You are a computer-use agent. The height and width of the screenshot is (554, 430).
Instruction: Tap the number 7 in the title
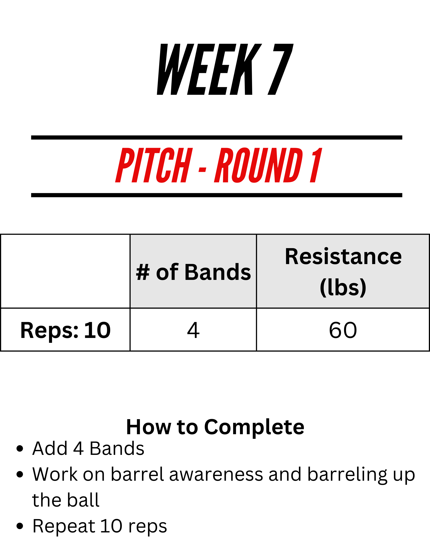[280, 69]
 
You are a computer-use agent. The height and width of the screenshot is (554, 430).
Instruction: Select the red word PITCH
[154, 165]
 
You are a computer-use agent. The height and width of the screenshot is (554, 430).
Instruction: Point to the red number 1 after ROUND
[316, 165]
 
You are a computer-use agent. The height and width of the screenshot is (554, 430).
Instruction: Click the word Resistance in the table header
[343, 257]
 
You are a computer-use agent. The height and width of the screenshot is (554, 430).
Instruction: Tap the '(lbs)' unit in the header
[343, 287]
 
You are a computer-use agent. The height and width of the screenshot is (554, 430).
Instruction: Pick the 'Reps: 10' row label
[65, 330]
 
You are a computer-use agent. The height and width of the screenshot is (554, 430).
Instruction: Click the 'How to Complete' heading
[215, 427]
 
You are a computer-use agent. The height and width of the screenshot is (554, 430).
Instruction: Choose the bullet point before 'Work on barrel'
[20, 474]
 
